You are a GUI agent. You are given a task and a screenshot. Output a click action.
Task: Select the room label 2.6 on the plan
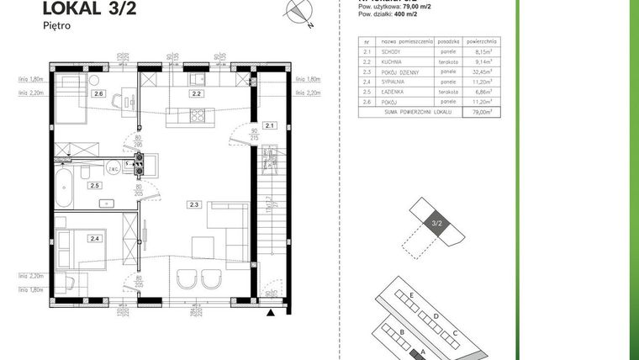point(98,93)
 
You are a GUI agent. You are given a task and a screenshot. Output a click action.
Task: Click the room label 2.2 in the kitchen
point(195,94)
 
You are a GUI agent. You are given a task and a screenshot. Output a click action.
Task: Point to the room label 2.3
point(194,204)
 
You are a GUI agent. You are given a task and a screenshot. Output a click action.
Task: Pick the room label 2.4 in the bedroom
point(95,239)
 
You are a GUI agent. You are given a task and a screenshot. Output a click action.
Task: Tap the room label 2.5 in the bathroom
point(95,185)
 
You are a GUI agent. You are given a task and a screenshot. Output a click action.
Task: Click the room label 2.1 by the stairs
point(269,125)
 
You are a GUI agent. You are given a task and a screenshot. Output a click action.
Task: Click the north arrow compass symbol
point(299,11)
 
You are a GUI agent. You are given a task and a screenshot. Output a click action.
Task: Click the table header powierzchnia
point(481,40)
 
